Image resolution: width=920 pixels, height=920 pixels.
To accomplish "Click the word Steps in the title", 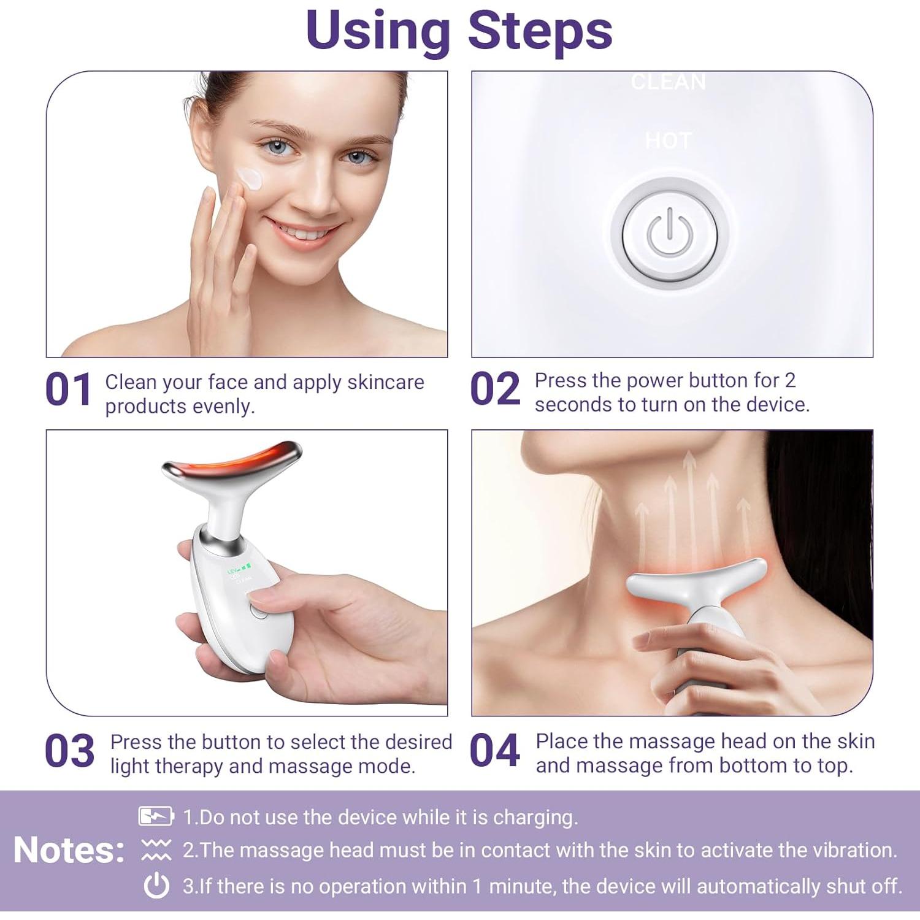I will [540, 31].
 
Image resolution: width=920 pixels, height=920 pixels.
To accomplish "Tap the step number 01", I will [68, 390].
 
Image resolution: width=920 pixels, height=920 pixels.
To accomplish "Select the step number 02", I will [494, 389].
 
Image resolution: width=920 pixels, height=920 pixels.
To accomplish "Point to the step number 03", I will [69, 751].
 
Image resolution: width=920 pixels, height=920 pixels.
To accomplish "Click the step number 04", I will [494, 751].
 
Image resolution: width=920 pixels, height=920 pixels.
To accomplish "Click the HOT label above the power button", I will [669, 142].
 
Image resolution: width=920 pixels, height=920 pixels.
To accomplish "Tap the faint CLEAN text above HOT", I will [669, 82].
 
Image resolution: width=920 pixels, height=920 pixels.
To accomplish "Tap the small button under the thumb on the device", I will [259, 611].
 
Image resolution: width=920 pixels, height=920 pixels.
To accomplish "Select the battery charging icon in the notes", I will [156, 816].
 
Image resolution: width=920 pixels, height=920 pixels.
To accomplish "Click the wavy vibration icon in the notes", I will [156, 850].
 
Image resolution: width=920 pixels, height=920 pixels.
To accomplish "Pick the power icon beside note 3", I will [156, 886].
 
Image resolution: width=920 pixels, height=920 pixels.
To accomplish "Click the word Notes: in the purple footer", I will [69, 850].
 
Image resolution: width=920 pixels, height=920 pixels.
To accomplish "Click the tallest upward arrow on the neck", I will [689, 491].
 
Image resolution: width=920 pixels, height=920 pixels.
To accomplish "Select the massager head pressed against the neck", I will [696, 580].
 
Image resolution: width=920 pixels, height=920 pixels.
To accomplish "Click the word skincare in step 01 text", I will [385, 382].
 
